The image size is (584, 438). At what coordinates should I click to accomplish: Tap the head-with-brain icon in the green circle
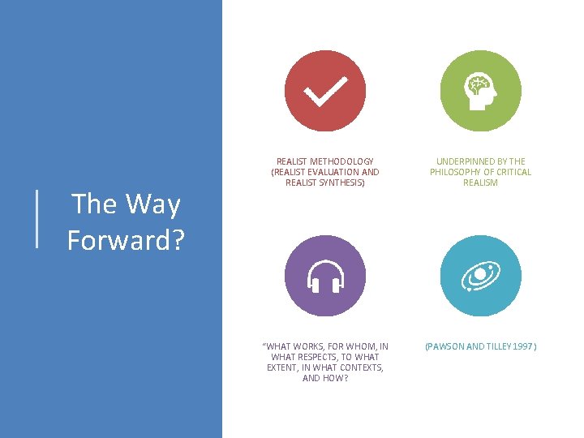point(480,91)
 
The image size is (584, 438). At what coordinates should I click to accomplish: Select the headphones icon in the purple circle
point(324,277)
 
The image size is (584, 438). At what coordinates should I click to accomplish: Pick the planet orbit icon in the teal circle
point(480,277)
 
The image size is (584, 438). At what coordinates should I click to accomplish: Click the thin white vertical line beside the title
point(37,217)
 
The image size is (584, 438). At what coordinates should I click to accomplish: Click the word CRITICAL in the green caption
point(513,172)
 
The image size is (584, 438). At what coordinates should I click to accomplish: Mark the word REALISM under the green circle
point(480,182)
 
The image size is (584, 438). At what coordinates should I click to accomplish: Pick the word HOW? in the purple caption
point(336,379)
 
